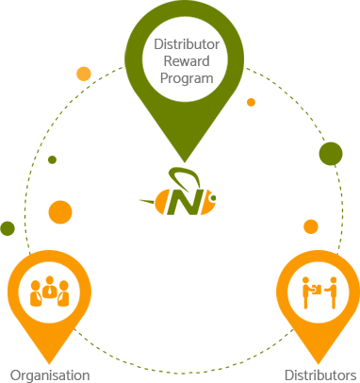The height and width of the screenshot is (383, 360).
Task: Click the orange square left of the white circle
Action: coord(84,74)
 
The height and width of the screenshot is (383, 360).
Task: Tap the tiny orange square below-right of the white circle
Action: coord(250,101)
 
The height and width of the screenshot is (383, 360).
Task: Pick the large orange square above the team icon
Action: coord(60,211)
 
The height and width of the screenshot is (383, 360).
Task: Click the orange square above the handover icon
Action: coord(311,226)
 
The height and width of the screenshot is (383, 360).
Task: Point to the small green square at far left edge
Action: coord(8,227)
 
